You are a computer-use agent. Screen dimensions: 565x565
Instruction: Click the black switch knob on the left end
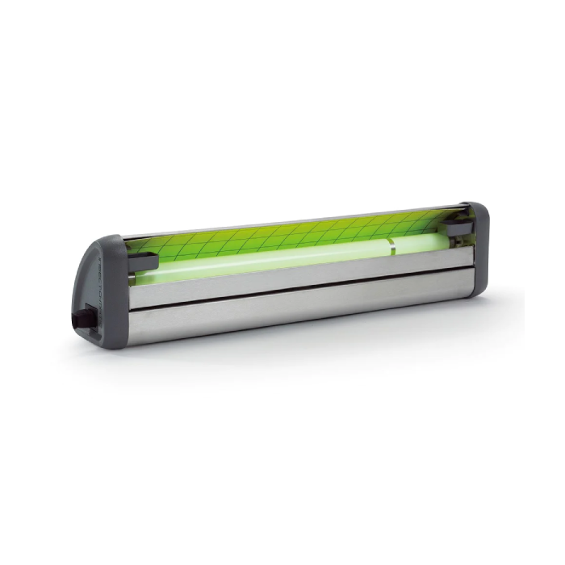coord(82,316)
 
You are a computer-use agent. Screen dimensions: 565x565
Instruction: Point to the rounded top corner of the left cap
coord(113,240)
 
